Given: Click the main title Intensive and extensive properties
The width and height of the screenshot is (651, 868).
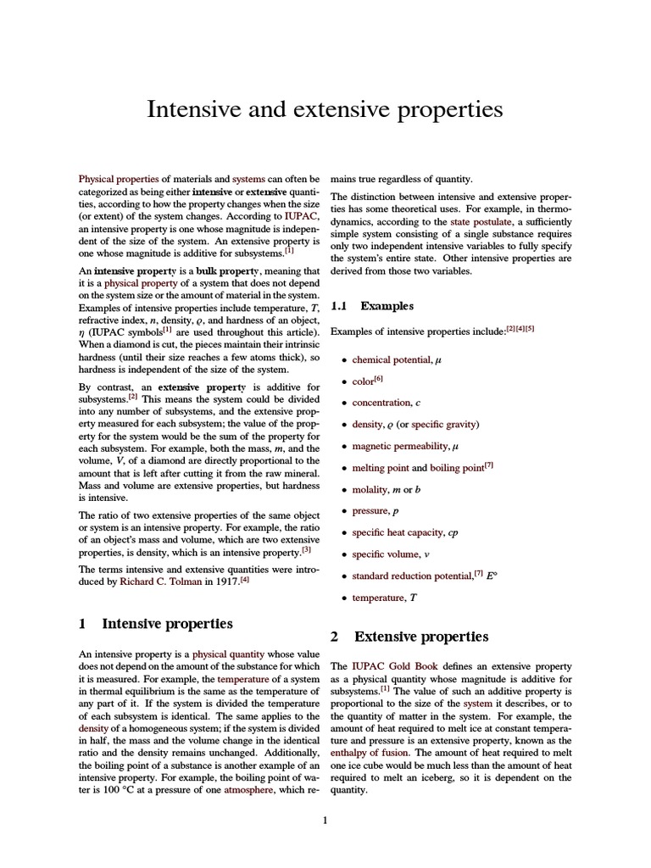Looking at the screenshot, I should [325, 110].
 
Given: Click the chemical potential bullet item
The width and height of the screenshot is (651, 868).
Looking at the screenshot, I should [392, 359].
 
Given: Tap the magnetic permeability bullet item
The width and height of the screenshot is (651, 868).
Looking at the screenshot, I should [398, 446].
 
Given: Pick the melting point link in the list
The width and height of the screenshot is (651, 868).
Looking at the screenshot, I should [380, 468].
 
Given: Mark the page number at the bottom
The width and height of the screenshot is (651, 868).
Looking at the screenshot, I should [325, 820].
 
